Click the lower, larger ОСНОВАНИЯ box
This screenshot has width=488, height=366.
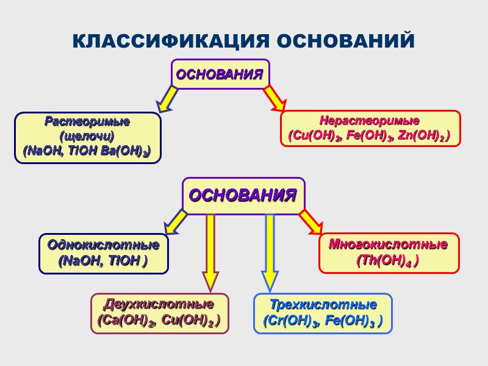(243, 196)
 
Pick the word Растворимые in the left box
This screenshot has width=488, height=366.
(87, 121)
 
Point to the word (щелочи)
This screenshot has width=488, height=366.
(88, 135)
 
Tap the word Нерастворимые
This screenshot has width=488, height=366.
(370, 120)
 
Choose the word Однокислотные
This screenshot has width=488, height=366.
(103, 245)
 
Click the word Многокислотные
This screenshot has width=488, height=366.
(389, 245)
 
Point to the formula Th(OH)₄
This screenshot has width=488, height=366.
(387, 260)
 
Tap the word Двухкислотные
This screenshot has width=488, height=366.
(159, 304)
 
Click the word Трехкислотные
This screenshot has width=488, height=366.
(323, 304)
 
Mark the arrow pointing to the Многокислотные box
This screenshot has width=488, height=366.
(310, 222)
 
